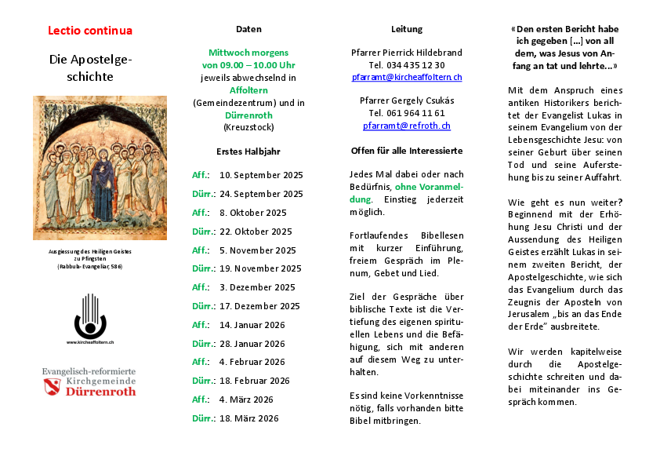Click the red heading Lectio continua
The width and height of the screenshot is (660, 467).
90,31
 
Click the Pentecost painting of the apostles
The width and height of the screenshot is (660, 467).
100,167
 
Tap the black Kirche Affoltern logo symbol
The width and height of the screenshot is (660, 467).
90,316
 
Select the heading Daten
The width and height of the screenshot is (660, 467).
248,29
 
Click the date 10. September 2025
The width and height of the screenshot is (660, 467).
261,175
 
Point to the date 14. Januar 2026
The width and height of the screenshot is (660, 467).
252,325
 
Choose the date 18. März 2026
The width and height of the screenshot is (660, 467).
249,418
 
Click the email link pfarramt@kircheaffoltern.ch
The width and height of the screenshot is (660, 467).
406,78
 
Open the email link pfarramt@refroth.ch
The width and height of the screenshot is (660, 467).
406,126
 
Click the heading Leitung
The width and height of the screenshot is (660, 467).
406,29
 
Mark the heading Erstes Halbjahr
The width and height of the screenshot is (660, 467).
248,151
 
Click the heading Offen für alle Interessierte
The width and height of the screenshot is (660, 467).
406,150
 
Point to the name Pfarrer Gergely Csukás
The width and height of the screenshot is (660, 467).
406,100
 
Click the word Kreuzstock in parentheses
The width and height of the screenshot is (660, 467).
248,126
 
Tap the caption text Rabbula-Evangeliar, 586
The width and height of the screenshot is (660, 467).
89,267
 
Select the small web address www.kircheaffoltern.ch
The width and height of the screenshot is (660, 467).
90,343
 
